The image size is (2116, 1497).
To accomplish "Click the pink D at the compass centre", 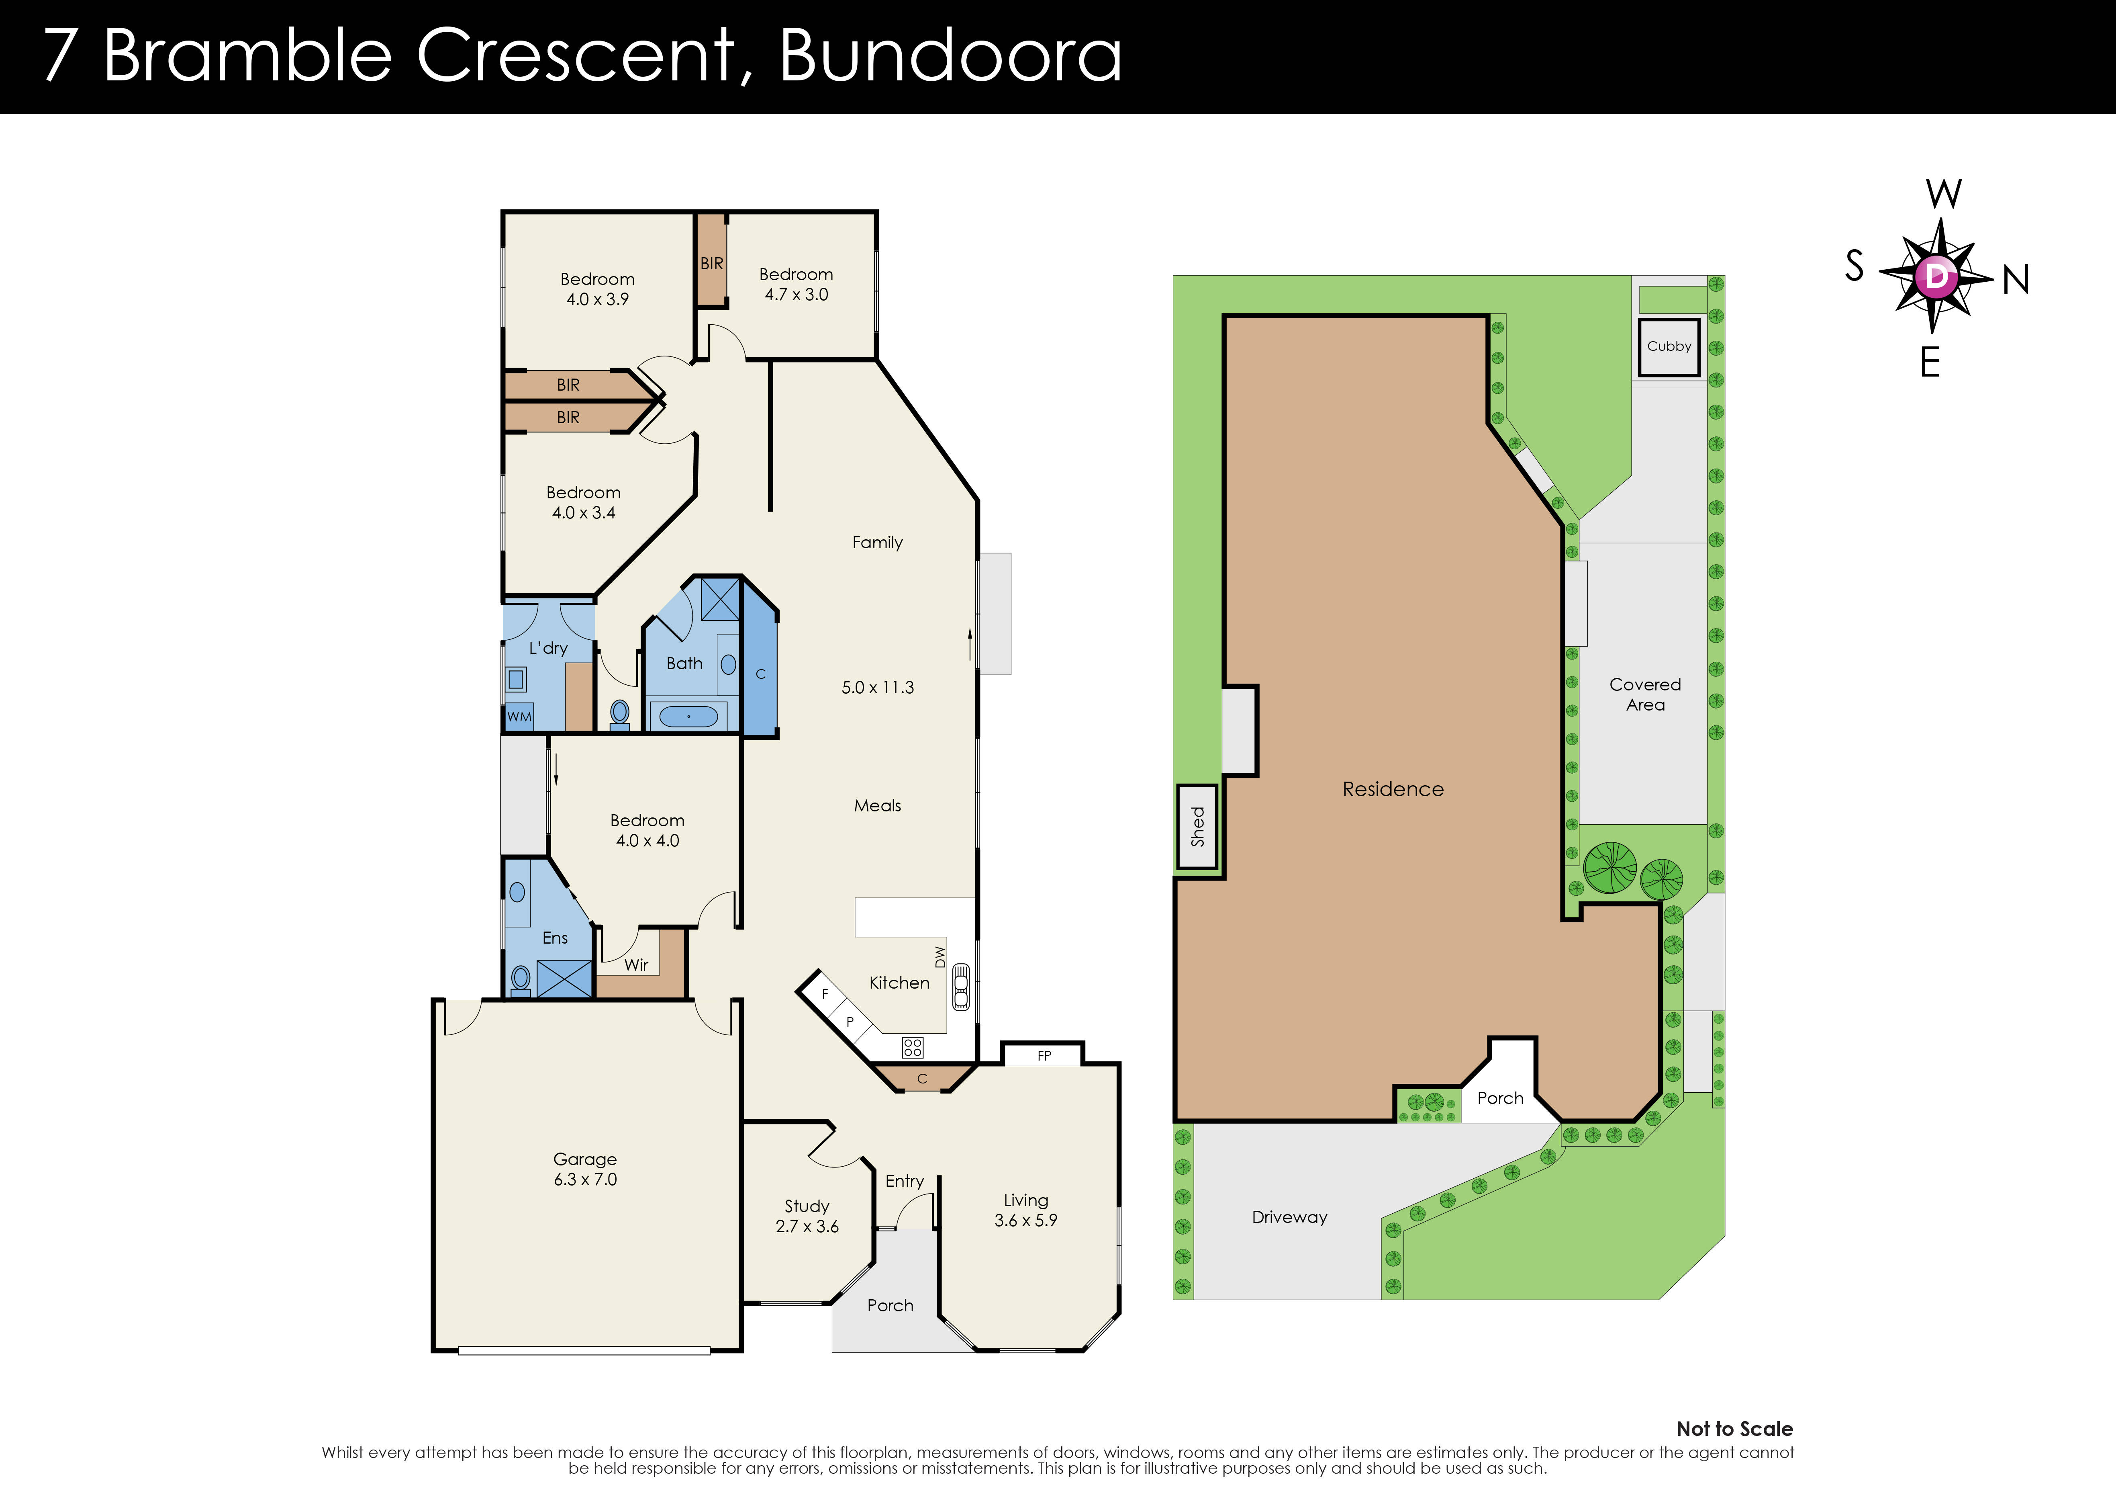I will [1936, 276].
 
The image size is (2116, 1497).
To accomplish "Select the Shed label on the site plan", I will [1197, 826].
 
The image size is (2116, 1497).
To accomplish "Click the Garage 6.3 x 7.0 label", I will [585, 1169].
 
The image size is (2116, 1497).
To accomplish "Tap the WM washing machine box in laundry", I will [519, 716].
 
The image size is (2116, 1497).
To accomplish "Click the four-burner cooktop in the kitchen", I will [912, 1047].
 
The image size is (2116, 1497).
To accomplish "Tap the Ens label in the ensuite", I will [555, 938].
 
